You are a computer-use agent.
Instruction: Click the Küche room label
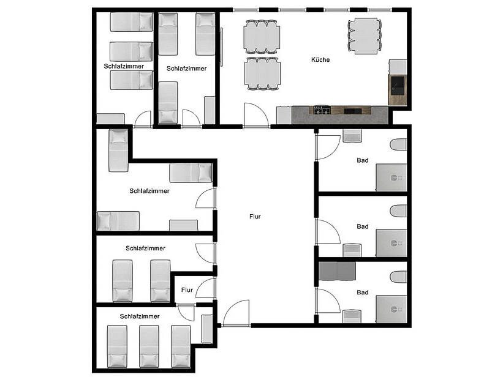tap(320, 60)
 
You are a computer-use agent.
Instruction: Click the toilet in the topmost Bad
tap(398, 145)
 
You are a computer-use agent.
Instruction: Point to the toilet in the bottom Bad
tap(399, 278)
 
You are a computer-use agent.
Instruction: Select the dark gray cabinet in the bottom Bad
tap(336, 270)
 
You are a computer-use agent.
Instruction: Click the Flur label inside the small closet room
tap(187, 290)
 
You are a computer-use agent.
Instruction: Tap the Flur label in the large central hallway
tap(255, 217)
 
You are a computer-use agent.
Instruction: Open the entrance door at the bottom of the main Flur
tap(235, 313)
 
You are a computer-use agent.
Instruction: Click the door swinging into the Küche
tap(255, 114)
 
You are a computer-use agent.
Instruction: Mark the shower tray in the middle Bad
tap(391, 242)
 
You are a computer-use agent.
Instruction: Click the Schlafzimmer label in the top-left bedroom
tap(124, 65)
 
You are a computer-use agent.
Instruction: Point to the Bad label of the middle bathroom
tap(363, 226)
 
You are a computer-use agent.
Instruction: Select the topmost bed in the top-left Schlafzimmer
tap(131, 22)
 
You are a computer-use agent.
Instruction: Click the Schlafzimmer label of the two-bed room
tap(145, 248)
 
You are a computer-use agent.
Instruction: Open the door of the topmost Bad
tap(327, 146)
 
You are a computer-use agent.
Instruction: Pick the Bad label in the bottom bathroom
tap(363, 293)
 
